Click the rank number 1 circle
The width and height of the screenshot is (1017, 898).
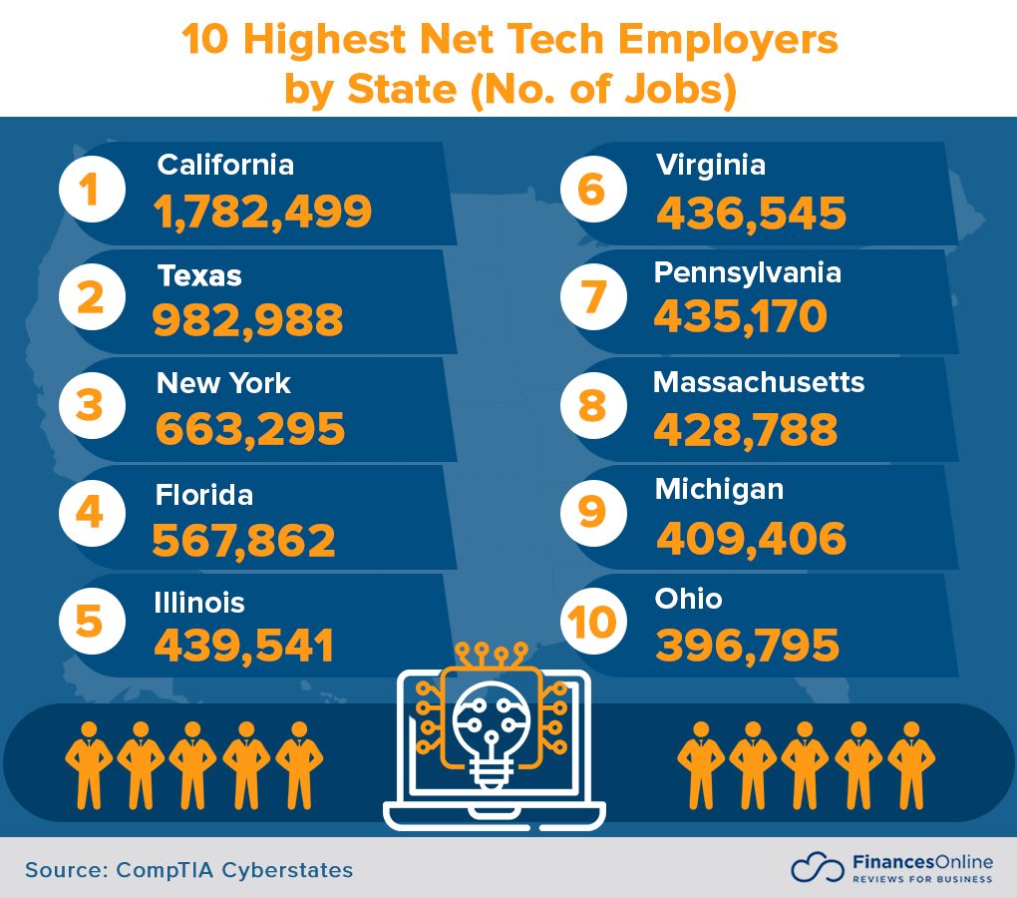tap(92, 190)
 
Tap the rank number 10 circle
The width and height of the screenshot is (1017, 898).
tap(592, 622)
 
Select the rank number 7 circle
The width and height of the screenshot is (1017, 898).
tap(592, 297)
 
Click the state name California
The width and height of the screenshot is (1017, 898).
tap(226, 165)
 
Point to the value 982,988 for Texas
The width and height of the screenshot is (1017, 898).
tap(248, 320)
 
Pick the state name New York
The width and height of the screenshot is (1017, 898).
tap(223, 383)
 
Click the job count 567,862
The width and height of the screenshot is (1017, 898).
tap(244, 540)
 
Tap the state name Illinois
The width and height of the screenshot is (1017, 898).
tap(199, 603)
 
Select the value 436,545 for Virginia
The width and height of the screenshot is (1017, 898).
tap(751, 213)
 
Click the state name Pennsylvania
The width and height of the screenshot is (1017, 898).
tap(748, 272)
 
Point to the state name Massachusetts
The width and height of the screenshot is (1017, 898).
tap(759, 382)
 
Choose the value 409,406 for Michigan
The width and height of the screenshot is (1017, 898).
tap(751, 539)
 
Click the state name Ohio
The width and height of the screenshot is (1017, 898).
tap(689, 599)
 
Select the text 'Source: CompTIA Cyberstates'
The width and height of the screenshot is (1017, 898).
tap(189, 869)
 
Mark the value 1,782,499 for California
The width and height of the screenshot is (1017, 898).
tap(263, 212)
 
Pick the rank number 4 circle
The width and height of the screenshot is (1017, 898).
tap(92, 514)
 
